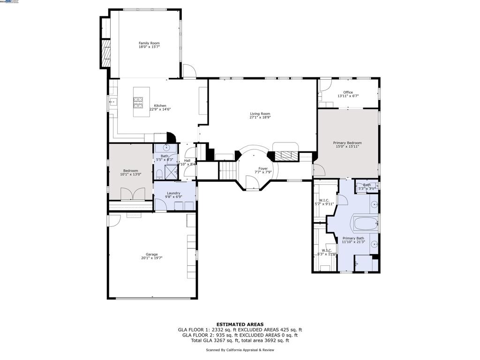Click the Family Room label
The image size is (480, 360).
pos(149,43)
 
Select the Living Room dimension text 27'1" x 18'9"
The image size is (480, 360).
pos(260,117)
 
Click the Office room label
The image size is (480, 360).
pos(348,92)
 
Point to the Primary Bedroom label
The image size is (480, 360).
pos(347,143)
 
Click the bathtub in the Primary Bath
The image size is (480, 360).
pos(366,224)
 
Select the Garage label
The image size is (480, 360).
pos(152,255)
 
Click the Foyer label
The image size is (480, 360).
pos(263,168)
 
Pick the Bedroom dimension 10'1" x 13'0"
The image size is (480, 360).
pos(131,174)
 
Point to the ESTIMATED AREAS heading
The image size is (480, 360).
pos(240,324)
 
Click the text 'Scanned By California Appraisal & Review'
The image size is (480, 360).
pos(240,350)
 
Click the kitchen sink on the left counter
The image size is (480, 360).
pos(112,101)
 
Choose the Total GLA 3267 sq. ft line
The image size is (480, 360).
pos(240,341)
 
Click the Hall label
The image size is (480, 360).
pos(187,161)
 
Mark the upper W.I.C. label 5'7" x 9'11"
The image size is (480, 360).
pos(323,202)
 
